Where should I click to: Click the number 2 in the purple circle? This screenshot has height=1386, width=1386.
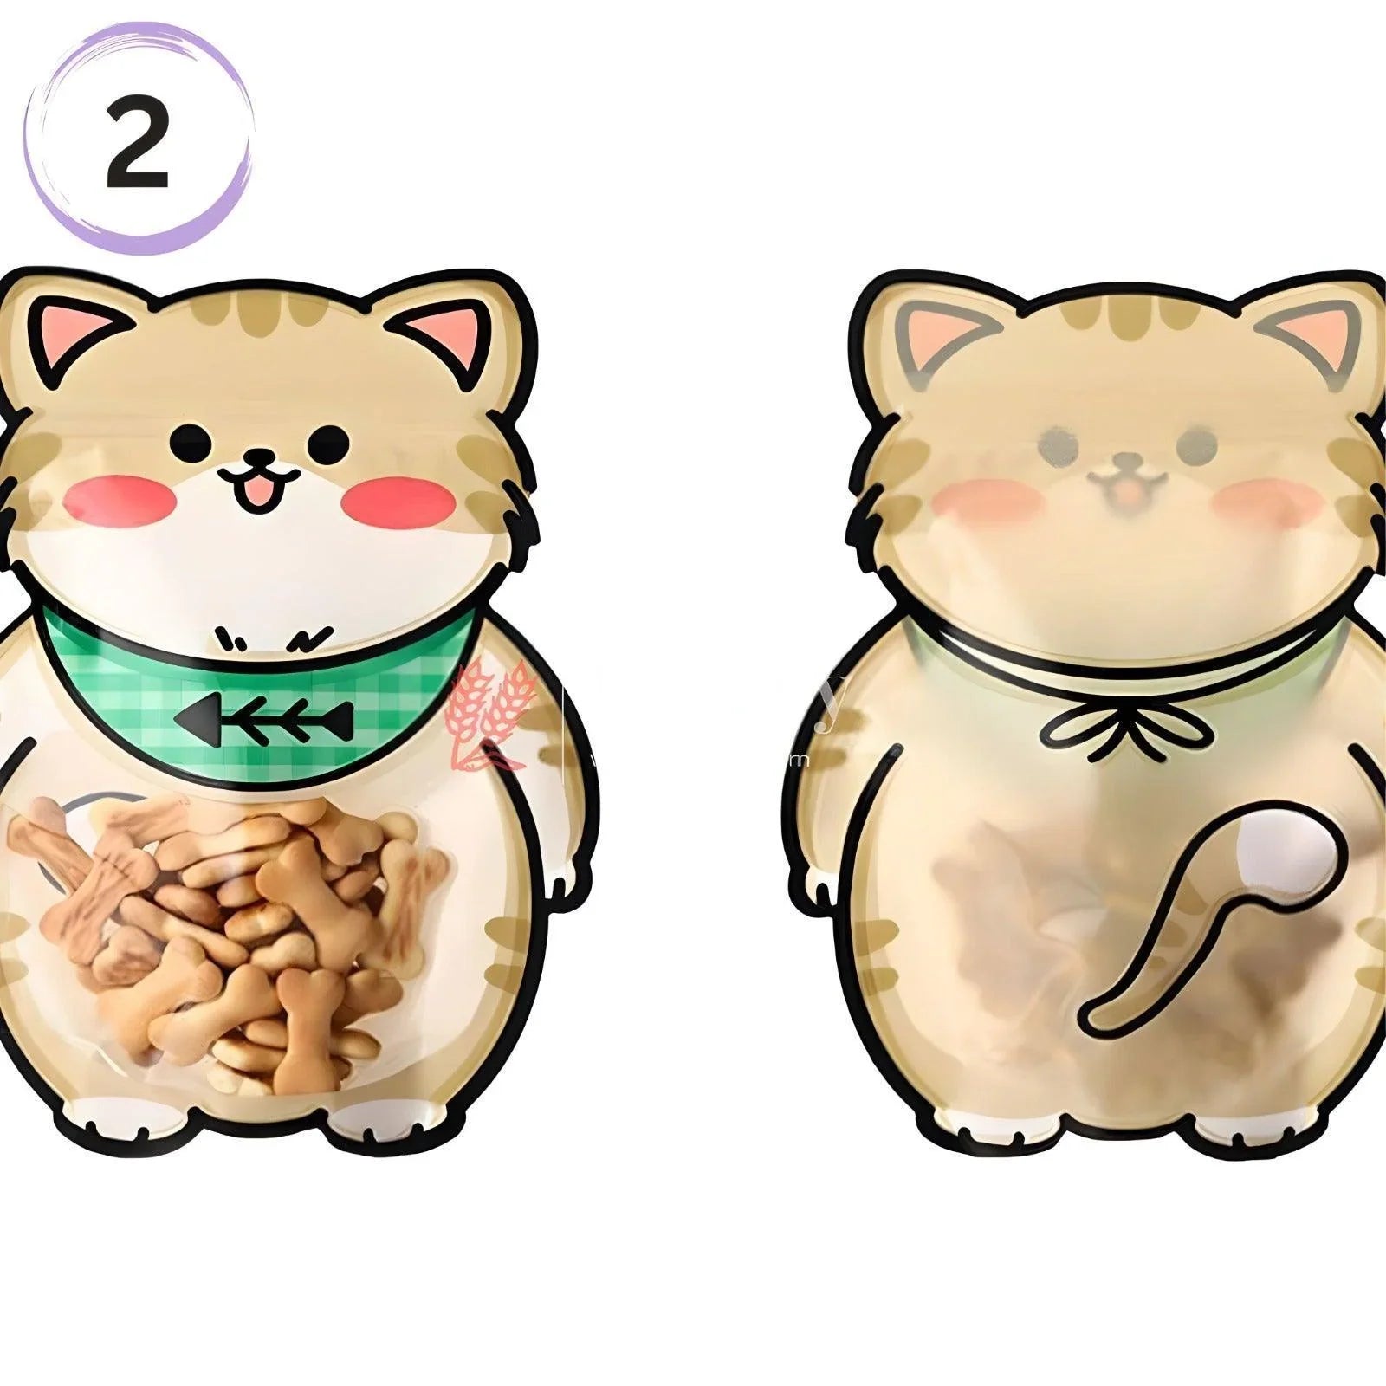137,141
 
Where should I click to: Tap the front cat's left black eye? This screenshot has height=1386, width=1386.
190,444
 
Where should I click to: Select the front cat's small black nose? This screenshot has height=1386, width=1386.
258,457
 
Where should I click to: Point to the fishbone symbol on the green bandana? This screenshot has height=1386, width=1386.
264,716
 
